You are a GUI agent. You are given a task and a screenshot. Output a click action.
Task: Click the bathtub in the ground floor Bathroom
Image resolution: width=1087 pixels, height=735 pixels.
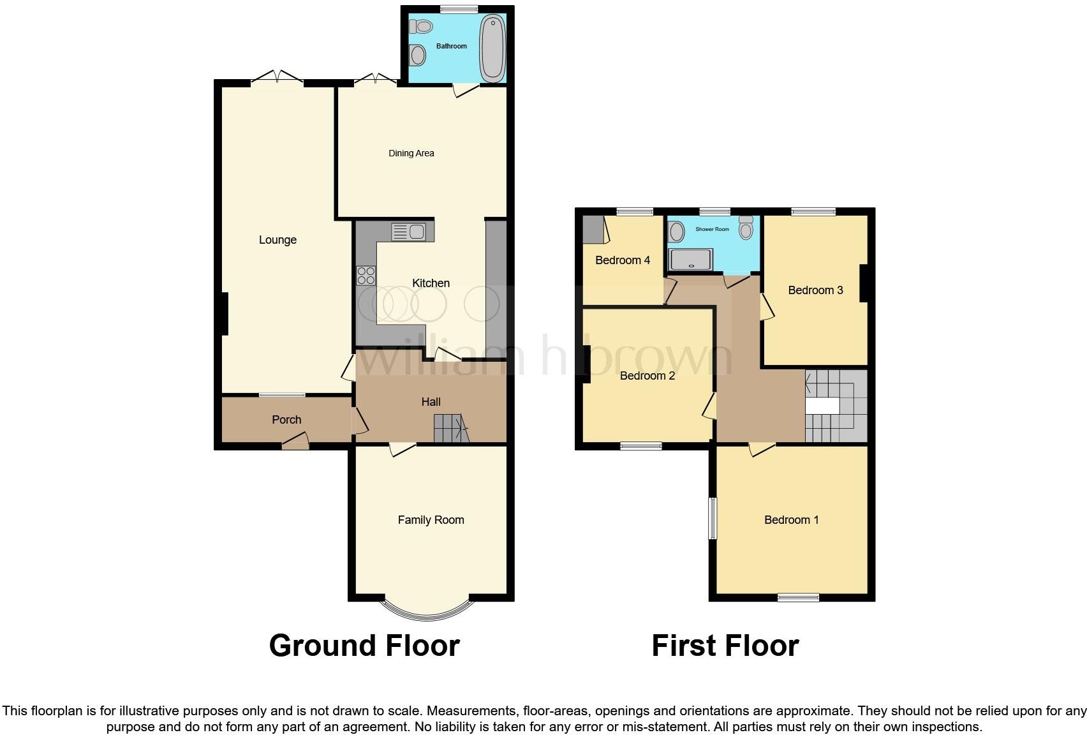(x=492, y=48)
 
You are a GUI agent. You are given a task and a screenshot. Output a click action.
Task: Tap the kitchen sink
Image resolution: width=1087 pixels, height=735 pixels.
(x=409, y=232)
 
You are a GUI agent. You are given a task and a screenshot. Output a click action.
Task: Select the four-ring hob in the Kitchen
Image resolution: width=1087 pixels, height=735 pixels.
(x=366, y=276)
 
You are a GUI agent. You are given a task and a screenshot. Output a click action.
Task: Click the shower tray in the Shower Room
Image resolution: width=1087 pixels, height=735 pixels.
(x=690, y=259)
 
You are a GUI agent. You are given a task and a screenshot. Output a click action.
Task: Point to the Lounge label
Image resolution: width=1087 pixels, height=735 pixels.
(x=277, y=240)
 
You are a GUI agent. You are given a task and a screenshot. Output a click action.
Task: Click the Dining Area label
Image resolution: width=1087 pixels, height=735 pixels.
(x=411, y=153)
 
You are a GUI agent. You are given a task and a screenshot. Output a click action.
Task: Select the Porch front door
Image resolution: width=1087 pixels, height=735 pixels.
(x=296, y=442)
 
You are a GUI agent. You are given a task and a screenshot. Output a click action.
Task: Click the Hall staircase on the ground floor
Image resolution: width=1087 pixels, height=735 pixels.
(x=451, y=428)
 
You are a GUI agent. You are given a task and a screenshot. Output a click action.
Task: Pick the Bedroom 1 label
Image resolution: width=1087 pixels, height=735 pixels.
(x=792, y=520)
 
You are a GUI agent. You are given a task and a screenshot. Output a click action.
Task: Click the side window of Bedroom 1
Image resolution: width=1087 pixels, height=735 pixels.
(x=713, y=518)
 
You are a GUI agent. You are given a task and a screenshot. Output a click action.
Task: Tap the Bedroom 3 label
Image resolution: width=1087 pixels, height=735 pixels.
(x=815, y=290)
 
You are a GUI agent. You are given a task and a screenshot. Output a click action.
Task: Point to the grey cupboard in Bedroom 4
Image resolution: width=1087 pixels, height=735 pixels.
(x=594, y=229)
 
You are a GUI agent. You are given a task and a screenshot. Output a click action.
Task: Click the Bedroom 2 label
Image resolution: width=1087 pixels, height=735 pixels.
(x=647, y=376)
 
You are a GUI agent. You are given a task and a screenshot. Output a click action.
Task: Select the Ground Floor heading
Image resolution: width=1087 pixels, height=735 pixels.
(x=364, y=646)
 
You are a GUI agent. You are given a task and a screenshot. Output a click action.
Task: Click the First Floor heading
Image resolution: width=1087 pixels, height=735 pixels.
(x=725, y=646)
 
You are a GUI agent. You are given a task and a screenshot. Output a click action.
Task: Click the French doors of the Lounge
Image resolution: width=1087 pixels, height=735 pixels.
(x=277, y=78)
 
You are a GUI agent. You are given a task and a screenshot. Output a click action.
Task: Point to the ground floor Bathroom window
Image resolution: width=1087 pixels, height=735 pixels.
(x=459, y=9)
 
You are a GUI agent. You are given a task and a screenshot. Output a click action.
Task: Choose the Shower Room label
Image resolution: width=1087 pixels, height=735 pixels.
(x=712, y=229)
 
